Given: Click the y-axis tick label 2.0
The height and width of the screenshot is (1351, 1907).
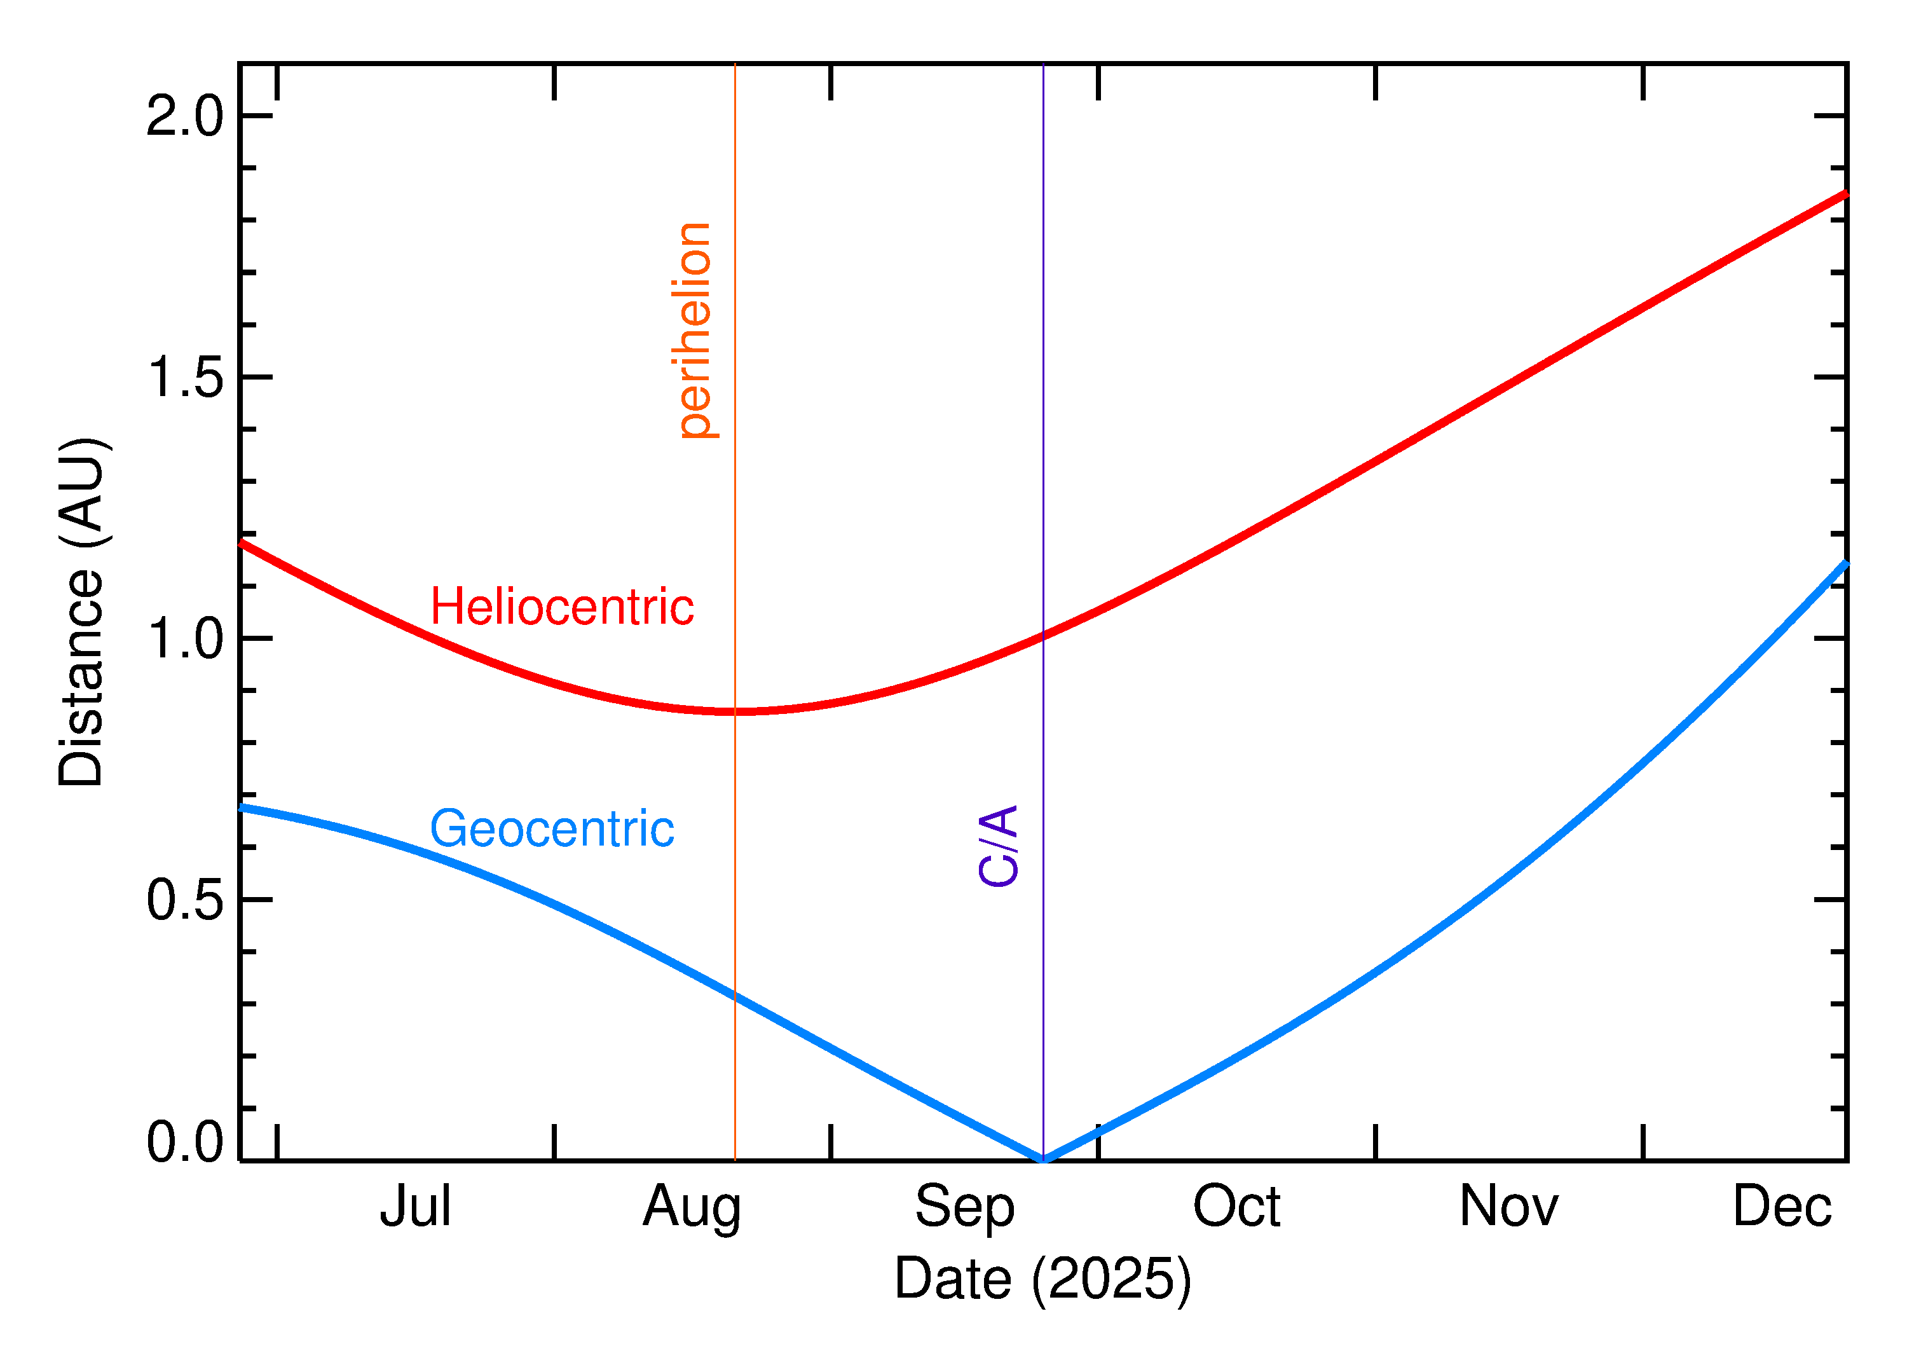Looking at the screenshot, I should click(x=184, y=116).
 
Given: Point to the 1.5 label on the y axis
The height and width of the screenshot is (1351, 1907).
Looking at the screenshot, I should click(x=184, y=378).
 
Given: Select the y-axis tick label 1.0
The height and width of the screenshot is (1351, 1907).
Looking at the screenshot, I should click(x=184, y=639).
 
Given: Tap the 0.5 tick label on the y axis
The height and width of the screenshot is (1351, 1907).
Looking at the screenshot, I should click(x=184, y=900).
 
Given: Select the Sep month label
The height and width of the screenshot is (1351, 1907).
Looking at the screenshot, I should click(x=965, y=1208).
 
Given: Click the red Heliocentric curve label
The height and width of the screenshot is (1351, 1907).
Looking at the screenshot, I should click(x=562, y=607).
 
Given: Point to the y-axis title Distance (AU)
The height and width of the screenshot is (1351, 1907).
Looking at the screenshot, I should click(x=81, y=612).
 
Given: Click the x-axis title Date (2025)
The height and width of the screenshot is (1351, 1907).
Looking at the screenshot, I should click(x=1042, y=1279).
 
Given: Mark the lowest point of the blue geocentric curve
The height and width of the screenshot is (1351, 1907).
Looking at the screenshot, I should click(x=1043, y=1160).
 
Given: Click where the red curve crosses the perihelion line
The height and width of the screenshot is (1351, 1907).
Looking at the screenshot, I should click(x=735, y=711).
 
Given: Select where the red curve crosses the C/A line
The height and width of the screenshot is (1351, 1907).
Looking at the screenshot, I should click(x=1043, y=636).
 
